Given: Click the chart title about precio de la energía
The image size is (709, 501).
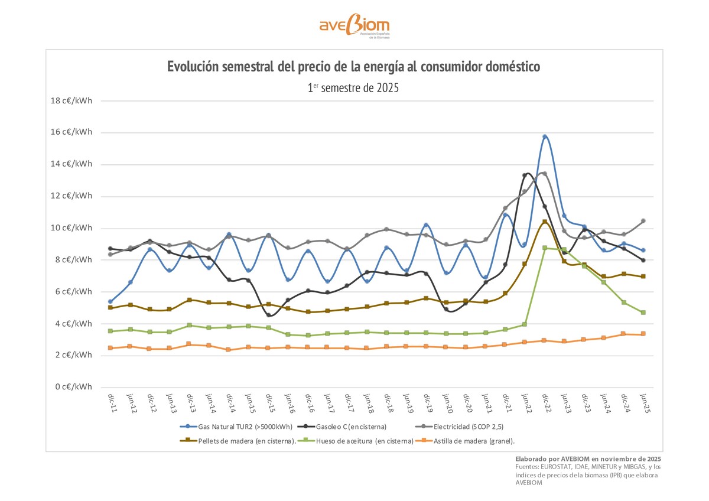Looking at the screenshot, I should (353, 66).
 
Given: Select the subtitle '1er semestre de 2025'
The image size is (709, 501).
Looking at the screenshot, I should (353, 88).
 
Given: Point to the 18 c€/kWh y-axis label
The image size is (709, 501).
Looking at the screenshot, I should (71, 100).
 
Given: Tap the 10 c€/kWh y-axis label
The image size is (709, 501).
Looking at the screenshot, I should (71, 228).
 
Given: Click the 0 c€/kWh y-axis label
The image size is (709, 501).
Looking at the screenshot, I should (73, 387).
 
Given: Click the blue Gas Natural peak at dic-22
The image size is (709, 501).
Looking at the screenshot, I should (545, 137).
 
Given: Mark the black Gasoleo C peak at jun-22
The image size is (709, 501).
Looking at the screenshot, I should (525, 175).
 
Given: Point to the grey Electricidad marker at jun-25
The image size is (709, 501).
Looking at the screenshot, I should (643, 221).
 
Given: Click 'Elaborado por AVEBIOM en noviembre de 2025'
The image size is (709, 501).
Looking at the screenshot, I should (588, 458).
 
